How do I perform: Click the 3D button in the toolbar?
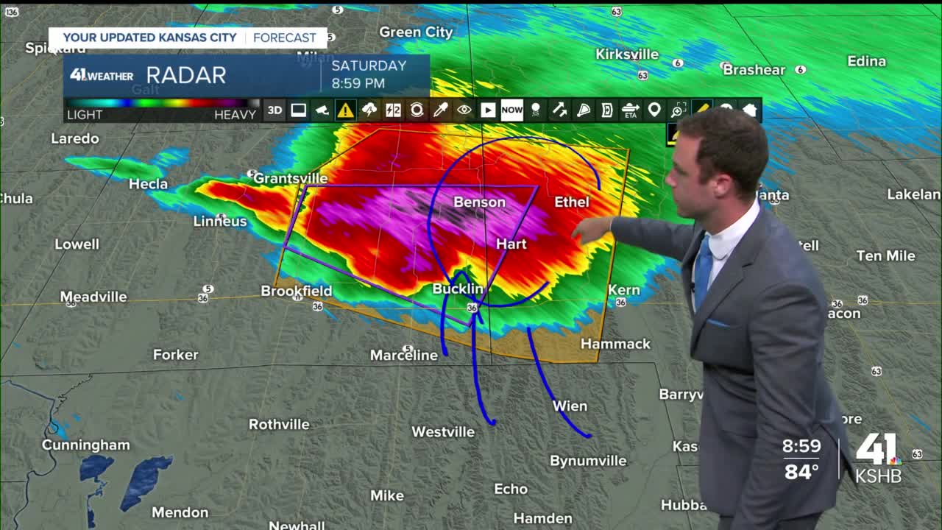[x=275, y=110]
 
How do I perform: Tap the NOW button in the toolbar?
[x=511, y=110]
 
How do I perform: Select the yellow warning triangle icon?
[x=345, y=110]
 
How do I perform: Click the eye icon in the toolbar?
[x=464, y=110]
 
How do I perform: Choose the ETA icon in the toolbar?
[x=631, y=110]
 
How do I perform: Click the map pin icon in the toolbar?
[x=654, y=110]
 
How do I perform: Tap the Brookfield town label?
[x=297, y=291]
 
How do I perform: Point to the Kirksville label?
[x=627, y=54]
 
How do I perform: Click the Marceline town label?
[x=403, y=355]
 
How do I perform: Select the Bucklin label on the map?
[x=458, y=289]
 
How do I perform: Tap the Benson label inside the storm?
[x=480, y=202]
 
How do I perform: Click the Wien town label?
[x=570, y=406]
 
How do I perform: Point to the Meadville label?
[x=93, y=297]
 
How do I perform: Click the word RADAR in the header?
[x=185, y=75]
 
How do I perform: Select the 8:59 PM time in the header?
[x=358, y=83]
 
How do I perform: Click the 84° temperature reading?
[x=801, y=471]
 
